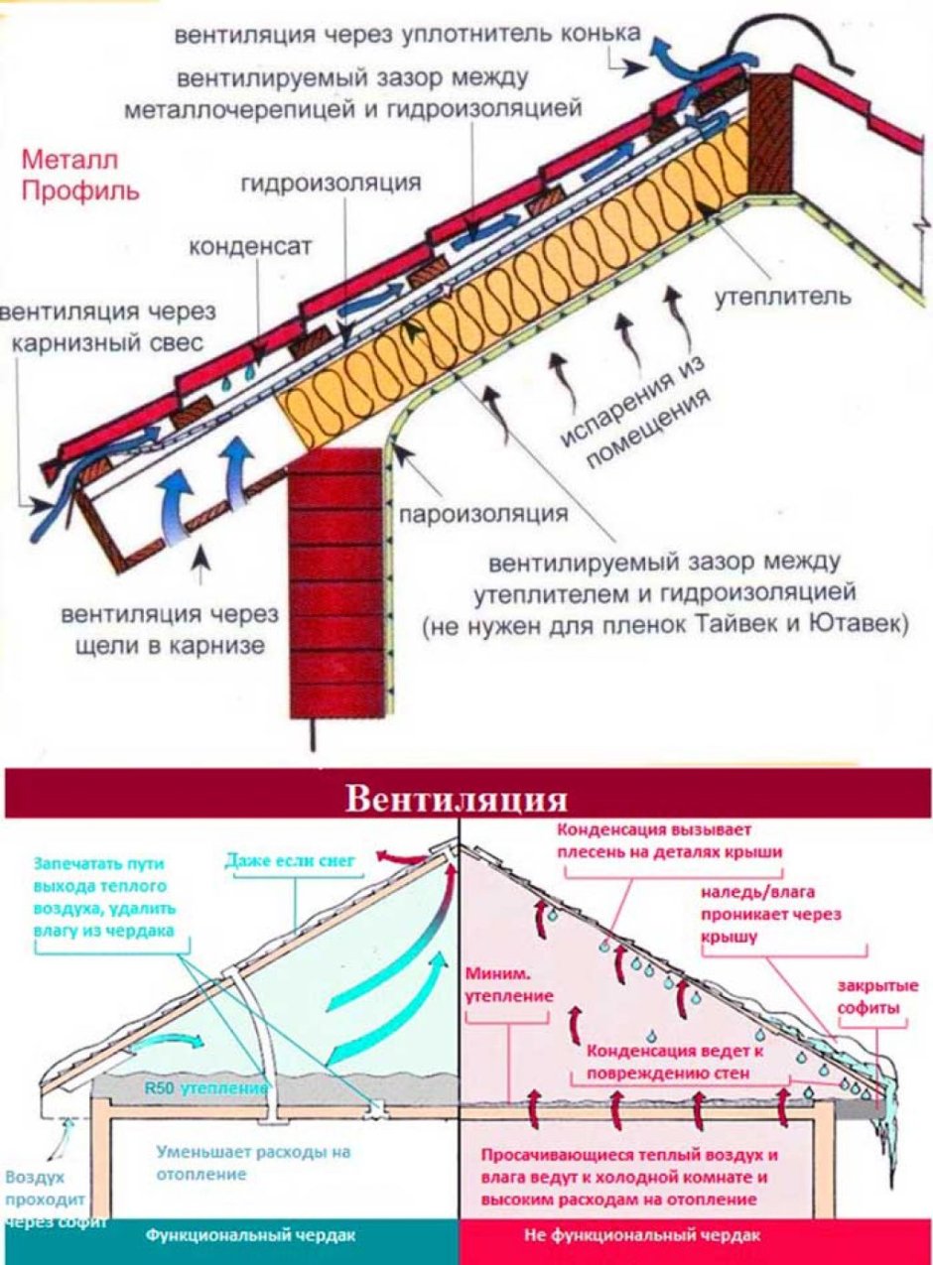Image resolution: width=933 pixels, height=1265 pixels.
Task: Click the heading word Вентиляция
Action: pyautogui.click(x=456, y=800)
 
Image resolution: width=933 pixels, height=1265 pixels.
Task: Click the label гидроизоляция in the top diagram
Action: pyautogui.click(x=331, y=184)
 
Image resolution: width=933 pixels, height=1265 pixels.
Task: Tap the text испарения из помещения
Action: pyautogui.click(x=635, y=417)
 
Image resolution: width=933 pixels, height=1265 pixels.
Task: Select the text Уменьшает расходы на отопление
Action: pyautogui.click(x=254, y=1163)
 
